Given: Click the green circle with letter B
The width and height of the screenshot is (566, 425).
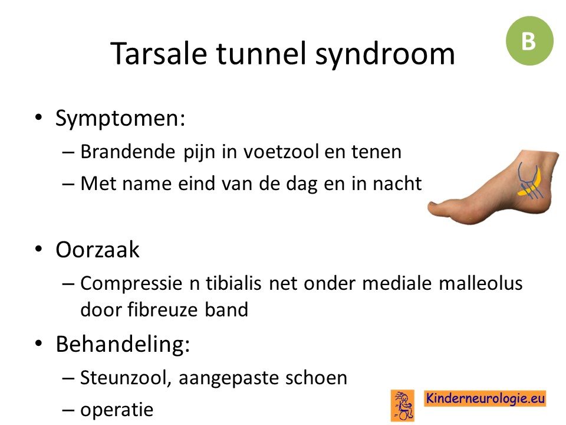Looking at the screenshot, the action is click(529, 41).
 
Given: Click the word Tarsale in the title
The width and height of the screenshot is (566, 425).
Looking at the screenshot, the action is click(159, 54).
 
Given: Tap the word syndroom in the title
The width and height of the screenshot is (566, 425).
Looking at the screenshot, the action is click(385, 55).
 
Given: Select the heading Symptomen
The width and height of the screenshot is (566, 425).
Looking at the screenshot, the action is click(120, 119).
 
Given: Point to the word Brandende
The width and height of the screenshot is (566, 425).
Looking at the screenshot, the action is click(128, 151).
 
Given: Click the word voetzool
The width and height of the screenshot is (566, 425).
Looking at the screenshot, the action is click(281, 151).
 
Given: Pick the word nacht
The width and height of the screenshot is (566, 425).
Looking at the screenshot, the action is click(397, 183).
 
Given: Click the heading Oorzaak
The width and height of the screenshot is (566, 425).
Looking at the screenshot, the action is click(97, 249).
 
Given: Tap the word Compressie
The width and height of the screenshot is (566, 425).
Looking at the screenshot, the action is click(131, 284).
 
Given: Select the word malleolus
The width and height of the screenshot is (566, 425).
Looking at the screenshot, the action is click(481, 283).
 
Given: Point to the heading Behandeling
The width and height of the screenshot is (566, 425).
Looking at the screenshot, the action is click(123, 344).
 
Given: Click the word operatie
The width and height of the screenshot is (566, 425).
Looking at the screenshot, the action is click(117, 410).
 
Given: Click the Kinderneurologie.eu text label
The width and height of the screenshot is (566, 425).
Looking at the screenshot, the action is click(485, 398).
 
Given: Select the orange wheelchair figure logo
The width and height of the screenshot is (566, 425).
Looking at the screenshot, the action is click(403, 406).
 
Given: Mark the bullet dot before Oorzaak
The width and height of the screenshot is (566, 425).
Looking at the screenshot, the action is click(39, 249).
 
